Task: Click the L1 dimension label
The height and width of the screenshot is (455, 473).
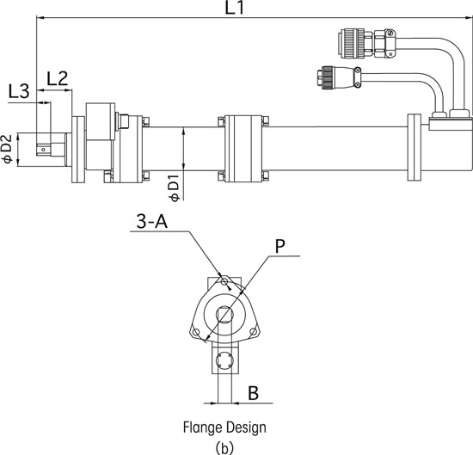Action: [x=235, y=8]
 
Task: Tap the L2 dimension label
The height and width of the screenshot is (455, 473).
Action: [x=58, y=79]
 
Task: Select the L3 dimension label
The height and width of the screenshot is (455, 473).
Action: [x=19, y=91]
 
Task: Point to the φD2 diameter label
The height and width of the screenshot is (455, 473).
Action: [x=7, y=149]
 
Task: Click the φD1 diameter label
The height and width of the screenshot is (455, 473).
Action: [x=175, y=188]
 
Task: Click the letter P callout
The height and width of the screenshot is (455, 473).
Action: [x=280, y=247]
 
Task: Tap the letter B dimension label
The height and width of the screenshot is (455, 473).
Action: [x=254, y=393]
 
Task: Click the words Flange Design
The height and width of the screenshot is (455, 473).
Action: [x=224, y=427]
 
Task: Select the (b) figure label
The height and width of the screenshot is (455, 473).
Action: [x=225, y=448]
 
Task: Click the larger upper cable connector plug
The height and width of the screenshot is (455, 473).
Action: [x=366, y=44]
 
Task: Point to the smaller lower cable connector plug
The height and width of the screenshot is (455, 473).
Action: [x=340, y=77]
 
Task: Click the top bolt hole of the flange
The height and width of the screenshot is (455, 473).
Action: [x=224, y=282]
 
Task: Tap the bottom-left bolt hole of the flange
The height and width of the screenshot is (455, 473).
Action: [x=196, y=333]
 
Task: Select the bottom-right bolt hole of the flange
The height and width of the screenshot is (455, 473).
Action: [x=254, y=332]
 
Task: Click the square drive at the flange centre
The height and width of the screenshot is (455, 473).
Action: [x=224, y=315]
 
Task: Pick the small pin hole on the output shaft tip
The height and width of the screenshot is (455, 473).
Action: [x=44, y=150]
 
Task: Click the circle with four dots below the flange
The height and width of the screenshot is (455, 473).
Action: [x=224, y=360]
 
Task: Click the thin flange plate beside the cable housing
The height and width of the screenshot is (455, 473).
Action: [x=415, y=147]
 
